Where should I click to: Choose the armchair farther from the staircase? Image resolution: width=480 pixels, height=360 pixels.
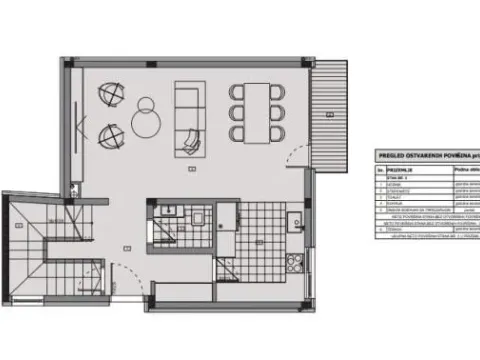coord(109,96)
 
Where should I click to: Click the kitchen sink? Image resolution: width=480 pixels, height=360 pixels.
coord(295,219)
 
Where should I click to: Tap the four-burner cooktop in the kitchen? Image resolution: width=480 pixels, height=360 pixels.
coord(295,262)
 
